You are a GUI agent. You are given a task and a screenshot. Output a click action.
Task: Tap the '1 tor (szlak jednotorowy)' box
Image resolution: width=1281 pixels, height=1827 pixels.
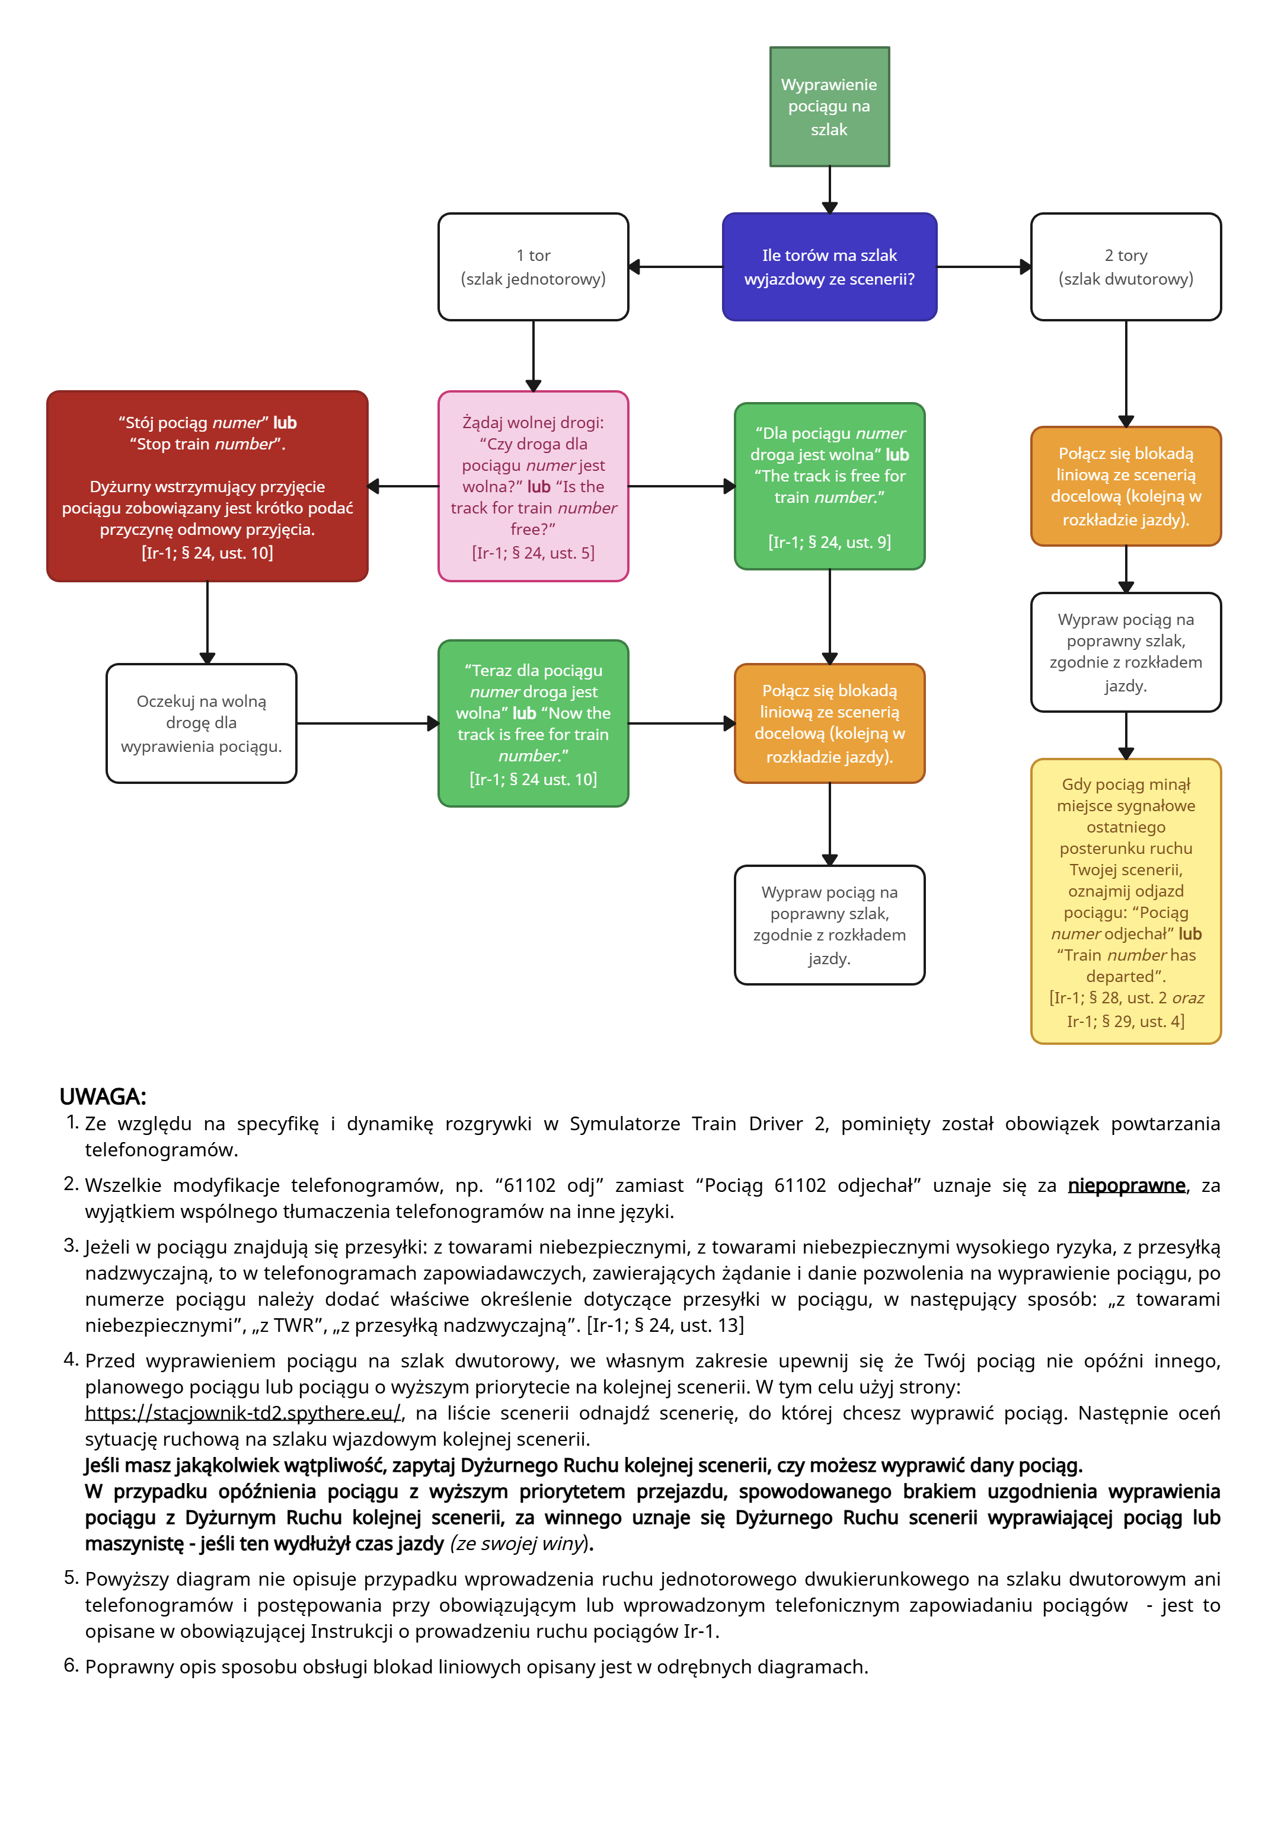coord(532,267)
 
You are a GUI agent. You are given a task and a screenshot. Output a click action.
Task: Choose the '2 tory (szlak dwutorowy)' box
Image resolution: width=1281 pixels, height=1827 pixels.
coord(1125,267)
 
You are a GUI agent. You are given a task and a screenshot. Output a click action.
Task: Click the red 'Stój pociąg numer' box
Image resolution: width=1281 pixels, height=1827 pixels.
coord(207,486)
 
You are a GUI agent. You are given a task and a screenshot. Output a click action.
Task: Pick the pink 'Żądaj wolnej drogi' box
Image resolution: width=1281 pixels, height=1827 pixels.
coord(532,486)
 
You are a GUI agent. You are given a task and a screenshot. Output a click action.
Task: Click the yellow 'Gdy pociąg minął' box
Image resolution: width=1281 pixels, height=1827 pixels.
coord(1125,901)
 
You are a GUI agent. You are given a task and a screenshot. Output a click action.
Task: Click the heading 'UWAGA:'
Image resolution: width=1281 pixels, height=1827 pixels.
coord(103,1096)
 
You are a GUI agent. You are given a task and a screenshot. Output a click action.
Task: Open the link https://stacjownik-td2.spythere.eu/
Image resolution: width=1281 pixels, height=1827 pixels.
coord(242,1413)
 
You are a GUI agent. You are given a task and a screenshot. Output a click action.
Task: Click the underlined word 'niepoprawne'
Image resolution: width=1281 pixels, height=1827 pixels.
coord(1125,1185)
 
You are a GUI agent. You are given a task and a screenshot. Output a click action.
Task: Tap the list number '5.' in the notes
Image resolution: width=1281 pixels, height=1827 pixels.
coord(71,1577)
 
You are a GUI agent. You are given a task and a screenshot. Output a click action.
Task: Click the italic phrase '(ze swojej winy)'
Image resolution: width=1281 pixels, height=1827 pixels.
coord(519,1543)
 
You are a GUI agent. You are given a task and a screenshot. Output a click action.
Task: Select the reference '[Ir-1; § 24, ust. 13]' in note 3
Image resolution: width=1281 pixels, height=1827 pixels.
coord(665,1325)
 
